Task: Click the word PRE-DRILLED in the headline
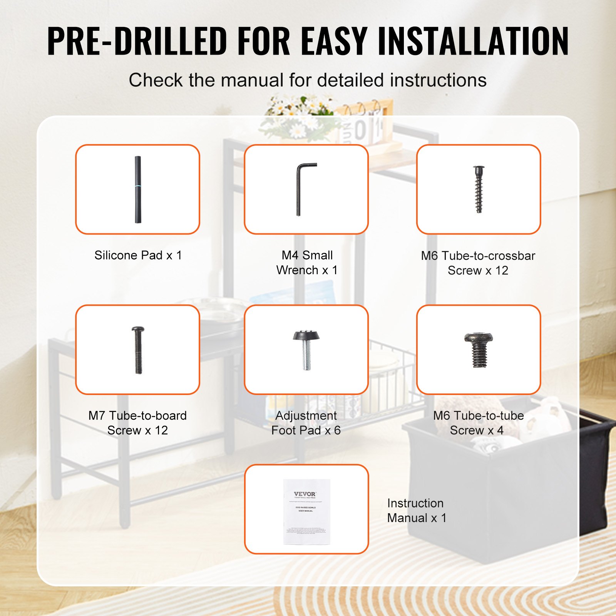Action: pyautogui.click(x=137, y=41)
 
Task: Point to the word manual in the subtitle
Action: pyautogui.click(x=252, y=80)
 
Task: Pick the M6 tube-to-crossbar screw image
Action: pyautogui.click(x=479, y=189)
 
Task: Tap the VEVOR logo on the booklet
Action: pyautogui.click(x=305, y=494)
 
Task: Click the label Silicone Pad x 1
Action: pyautogui.click(x=138, y=255)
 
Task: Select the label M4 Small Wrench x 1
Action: pyautogui.click(x=307, y=263)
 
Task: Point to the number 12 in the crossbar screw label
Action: pyautogui.click(x=502, y=271)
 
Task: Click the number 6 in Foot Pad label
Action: pyautogui.click(x=337, y=430)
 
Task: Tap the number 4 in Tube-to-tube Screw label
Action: pyautogui.click(x=500, y=430)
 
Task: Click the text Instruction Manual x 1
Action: pyautogui.click(x=416, y=511)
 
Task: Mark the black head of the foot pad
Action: pyautogui.click(x=306, y=335)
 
